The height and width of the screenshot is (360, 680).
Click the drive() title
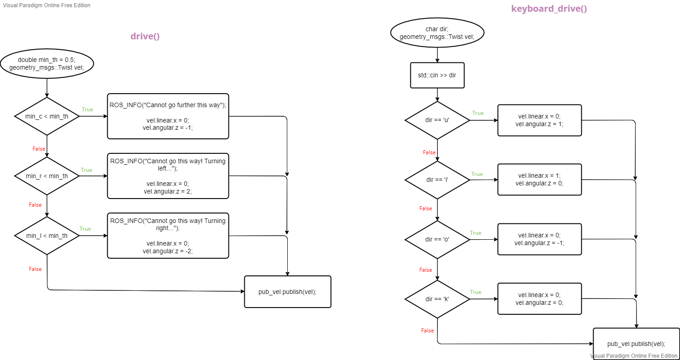(145, 37)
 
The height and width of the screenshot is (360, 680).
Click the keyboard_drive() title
(549, 9)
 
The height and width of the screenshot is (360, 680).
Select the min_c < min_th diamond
(47, 116)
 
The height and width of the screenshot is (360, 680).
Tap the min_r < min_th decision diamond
(47, 176)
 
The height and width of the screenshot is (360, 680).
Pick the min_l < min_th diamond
(47, 236)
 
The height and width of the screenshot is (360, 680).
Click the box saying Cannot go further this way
(168, 116)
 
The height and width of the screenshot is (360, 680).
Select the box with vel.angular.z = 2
(168, 176)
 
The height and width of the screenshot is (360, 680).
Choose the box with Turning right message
(168, 236)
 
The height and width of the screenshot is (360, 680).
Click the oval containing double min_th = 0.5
(47, 64)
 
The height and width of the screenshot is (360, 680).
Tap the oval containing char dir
(437, 33)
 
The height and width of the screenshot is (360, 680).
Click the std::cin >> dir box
(437, 75)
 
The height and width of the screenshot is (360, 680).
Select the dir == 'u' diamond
(437, 120)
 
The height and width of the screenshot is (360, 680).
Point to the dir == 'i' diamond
(437, 180)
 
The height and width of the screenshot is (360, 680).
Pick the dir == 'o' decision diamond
(437, 239)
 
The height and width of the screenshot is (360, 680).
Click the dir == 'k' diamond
(437, 299)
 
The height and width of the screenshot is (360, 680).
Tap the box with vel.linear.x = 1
(539, 180)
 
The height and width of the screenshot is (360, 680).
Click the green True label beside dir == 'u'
(478, 113)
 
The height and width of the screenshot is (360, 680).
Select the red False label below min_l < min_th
(35, 269)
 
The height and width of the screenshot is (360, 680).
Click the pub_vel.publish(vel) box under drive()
(288, 292)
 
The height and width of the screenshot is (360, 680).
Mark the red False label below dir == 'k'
(428, 331)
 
